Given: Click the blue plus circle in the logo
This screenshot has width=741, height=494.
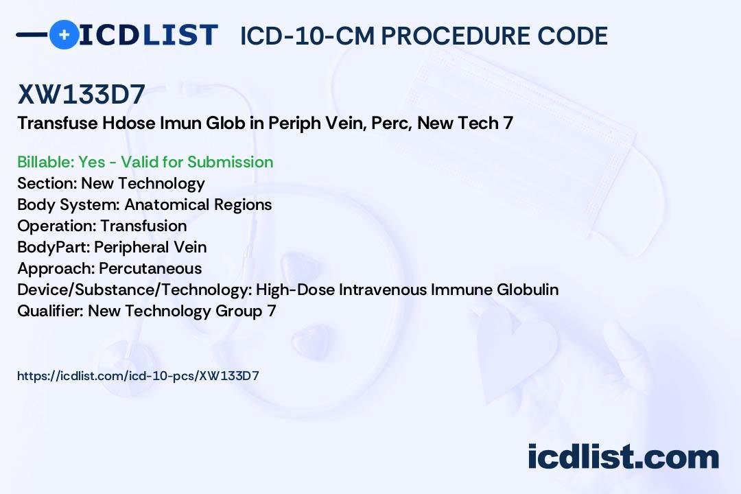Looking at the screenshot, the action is [x=64, y=34].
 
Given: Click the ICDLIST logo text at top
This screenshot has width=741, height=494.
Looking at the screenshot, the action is [x=148, y=35].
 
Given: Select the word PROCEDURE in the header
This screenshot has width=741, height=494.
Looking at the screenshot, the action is [x=456, y=36].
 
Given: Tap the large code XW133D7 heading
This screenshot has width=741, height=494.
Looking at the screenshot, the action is [x=81, y=94].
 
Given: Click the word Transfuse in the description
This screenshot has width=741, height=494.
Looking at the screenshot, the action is [x=57, y=123].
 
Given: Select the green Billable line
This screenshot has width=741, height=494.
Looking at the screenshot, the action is [x=145, y=162].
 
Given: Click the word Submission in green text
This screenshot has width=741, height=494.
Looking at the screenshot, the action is [x=230, y=162].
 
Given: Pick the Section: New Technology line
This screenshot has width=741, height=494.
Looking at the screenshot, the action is [x=111, y=183].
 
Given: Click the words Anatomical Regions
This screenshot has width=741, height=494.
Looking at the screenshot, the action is [x=198, y=204].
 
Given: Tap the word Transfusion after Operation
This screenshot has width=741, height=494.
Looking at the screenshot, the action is [x=143, y=226].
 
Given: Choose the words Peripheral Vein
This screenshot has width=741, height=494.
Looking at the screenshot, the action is [x=150, y=247].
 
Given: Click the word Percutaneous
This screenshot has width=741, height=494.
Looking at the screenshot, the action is [x=150, y=268].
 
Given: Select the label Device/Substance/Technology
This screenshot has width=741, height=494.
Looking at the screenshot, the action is [x=134, y=290].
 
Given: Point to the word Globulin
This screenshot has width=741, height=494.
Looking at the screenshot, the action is [x=528, y=290].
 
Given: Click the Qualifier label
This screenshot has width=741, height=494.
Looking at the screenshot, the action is [x=51, y=311].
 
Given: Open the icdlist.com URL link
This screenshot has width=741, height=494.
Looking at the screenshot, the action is [x=138, y=376].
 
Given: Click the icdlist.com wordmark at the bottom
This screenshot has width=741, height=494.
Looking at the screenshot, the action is [x=623, y=456].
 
